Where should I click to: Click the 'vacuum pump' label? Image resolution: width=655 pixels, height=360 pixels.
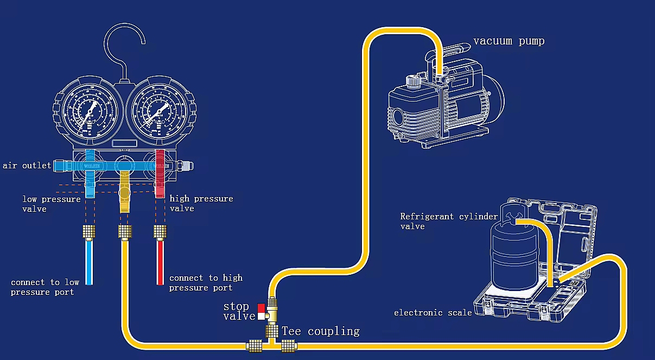click(508, 41)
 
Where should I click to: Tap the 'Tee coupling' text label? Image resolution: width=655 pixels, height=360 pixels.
click(320, 331)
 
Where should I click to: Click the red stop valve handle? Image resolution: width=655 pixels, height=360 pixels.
click(261, 307)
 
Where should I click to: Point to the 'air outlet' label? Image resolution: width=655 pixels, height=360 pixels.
click(27, 166)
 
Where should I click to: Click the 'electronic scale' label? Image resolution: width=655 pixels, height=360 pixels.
click(433, 313)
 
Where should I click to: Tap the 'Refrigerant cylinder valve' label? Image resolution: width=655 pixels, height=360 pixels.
click(448, 221)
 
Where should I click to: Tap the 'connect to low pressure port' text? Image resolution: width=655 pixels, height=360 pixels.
click(45, 287)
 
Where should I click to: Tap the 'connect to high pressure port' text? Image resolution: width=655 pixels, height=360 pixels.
click(206, 282)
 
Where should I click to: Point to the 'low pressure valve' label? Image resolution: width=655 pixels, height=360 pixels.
click(51, 204)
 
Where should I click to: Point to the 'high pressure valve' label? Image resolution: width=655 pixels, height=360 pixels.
click(201, 204)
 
